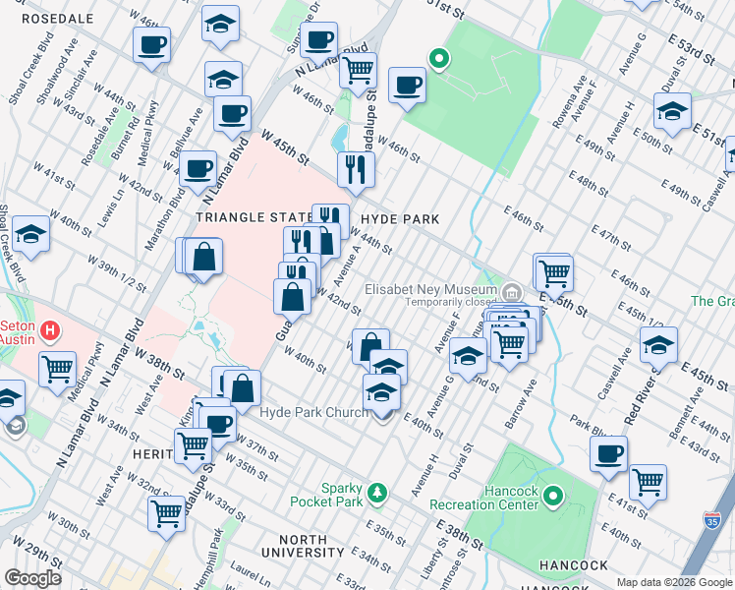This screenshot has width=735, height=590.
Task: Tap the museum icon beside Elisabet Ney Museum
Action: click(x=511, y=292)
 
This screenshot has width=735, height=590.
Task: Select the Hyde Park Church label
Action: click(x=312, y=412)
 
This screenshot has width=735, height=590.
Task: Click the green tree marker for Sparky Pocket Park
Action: click(x=374, y=491)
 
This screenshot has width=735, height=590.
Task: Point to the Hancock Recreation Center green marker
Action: click(x=553, y=498)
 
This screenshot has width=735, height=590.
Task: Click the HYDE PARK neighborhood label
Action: click(x=399, y=218)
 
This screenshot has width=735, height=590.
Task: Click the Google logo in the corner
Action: click(x=32, y=578)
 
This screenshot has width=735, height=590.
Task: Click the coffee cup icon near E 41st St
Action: click(x=609, y=453)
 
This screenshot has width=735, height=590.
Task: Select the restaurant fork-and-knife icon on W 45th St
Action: click(x=356, y=168)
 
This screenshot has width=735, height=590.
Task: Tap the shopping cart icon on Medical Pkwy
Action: click(x=58, y=369)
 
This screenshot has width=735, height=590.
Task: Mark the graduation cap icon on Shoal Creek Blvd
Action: click(x=31, y=234)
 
